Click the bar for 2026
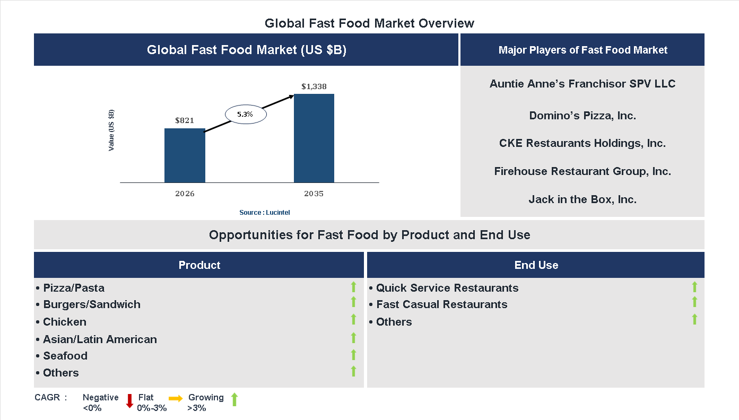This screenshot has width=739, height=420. click(185, 155)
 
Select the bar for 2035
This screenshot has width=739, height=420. click(314, 138)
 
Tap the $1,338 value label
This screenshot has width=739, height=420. click(314, 86)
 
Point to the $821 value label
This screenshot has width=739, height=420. click(185, 121)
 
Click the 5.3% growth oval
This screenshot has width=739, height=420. click(245, 114)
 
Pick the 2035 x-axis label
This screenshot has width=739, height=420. click(314, 194)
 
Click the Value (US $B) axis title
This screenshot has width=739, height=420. click(111, 130)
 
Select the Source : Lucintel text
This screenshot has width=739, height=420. click(264, 213)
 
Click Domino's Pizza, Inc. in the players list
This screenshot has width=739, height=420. click(582, 116)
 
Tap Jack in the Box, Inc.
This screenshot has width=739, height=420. click(582, 199)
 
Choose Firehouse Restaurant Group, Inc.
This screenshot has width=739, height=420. click(582, 171)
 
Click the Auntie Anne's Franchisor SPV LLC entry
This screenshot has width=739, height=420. click(582, 84)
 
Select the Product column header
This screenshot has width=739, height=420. click(199, 265)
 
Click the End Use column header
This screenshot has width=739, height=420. click(536, 265)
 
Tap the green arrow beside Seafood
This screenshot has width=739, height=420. click(353, 355)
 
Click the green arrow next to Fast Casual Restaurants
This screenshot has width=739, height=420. click(694, 302)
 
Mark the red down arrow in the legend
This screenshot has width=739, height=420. click(129, 400)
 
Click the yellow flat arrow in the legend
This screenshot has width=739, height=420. click(176, 398)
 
